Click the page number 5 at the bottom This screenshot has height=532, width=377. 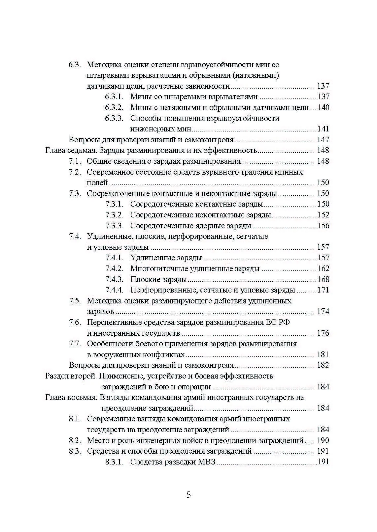[188, 494]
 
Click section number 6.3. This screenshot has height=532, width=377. [75, 65]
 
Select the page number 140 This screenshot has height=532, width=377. [323, 107]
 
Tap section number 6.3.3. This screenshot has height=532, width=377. [114, 118]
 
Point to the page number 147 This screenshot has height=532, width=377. [323, 140]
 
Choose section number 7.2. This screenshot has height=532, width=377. [75, 172]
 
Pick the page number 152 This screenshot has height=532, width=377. [323, 215]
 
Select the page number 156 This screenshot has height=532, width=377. [323, 226]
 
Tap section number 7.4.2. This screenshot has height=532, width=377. [114, 268]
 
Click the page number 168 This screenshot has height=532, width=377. [323, 279]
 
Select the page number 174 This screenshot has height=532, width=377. [323, 311]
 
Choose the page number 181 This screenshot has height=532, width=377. [323, 354]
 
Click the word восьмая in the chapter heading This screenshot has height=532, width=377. [80, 397]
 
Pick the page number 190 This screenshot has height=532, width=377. [323, 440]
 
